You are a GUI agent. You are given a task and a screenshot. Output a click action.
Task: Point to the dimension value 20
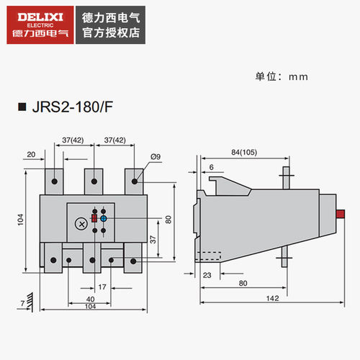tap(31, 154)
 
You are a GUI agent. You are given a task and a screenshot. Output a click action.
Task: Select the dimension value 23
tap(207, 274)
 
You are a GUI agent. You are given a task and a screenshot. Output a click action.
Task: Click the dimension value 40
tap(90, 299)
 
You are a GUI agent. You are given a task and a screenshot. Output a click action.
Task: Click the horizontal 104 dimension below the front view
tap(90, 307)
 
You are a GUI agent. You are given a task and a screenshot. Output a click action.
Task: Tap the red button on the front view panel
tap(94, 218)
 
